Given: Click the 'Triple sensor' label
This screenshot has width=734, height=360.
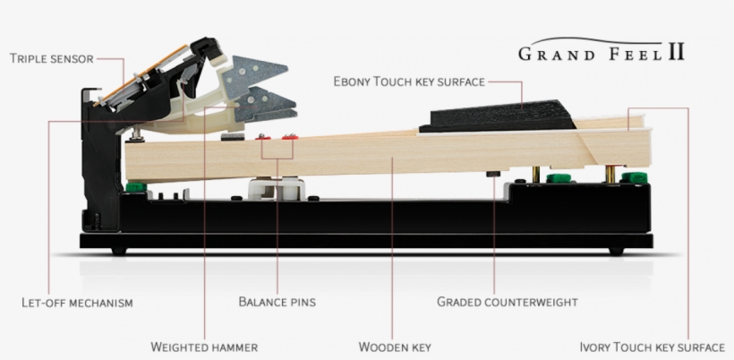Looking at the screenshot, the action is click(x=52, y=58).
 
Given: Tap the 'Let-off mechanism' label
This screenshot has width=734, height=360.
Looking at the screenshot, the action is click(x=77, y=303).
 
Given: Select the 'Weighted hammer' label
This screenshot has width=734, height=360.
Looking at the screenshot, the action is click(x=204, y=347).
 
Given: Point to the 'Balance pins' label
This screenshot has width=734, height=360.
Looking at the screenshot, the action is click(x=277, y=302).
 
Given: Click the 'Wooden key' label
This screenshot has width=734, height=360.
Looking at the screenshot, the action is click(x=395, y=347).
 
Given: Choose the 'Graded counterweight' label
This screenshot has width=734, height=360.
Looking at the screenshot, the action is click(x=507, y=302).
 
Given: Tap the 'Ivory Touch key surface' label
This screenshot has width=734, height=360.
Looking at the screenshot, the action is click(x=652, y=347).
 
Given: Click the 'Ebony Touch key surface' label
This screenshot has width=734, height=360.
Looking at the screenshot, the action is click(x=409, y=81).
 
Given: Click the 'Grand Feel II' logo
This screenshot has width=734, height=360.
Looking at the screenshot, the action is click(x=602, y=50).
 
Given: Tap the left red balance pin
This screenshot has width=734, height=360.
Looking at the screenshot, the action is click(x=262, y=137).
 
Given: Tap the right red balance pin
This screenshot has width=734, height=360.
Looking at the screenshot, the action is click(x=290, y=137).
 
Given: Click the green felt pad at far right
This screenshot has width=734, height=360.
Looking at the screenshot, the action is click(x=635, y=178).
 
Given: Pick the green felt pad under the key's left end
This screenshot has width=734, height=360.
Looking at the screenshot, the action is click(x=136, y=187).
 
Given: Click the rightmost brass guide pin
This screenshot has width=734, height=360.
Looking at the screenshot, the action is click(x=610, y=174).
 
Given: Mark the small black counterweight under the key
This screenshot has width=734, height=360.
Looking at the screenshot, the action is click(x=493, y=174).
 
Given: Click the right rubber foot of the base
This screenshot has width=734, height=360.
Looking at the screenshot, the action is click(x=617, y=252).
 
